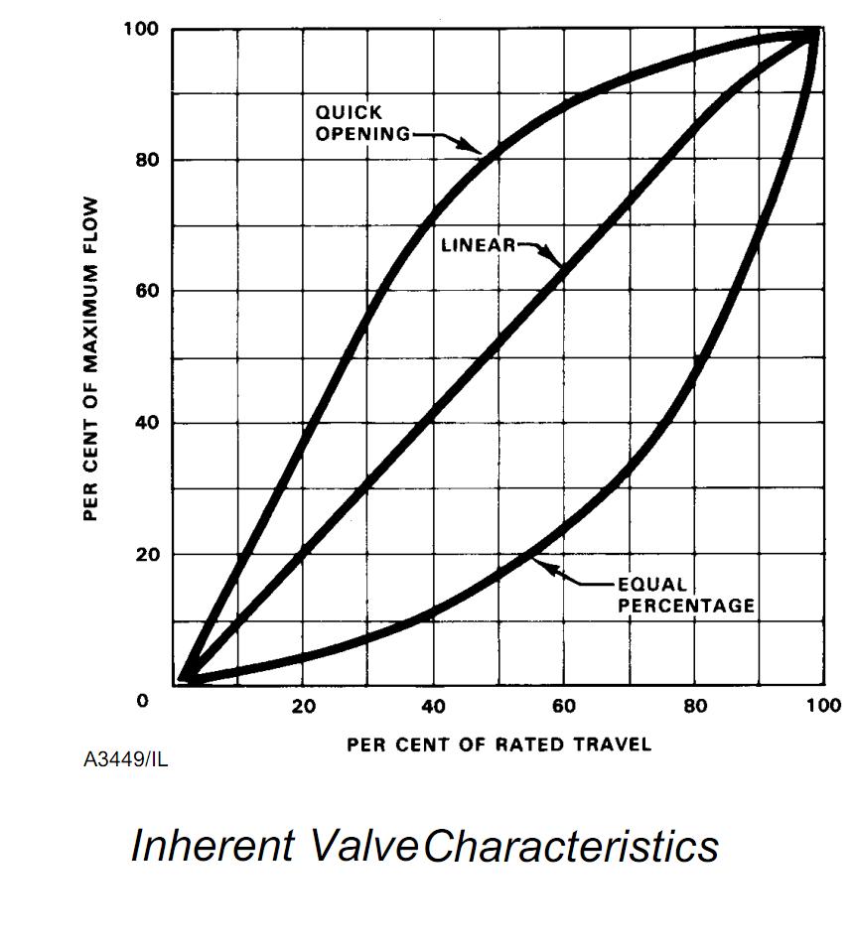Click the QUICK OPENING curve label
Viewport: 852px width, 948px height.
pyautogui.click(x=362, y=123)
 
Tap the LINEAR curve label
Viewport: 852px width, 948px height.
pyautogui.click(x=478, y=244)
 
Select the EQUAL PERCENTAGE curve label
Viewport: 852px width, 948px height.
pyautogui.click(x=686, y=595)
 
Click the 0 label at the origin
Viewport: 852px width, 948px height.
pyautogui.click(x=142, y=701)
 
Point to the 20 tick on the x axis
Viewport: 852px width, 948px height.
pyautogui.click(x=303, y=706)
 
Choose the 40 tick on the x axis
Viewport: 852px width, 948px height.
pyautogui.click(x=434, y=706)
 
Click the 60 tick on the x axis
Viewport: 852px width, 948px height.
pyautogui.click(x=564, y=706)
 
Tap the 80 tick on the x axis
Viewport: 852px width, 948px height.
pyautogui.click(x=695, y=706)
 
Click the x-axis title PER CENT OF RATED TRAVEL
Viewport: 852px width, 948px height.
pyautogui.click(x=498, y=745)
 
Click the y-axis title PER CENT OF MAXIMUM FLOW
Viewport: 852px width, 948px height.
pyautogui.click(x=90, y=357)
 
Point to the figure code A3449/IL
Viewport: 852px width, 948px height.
pyautogui.click(x=125, y=760)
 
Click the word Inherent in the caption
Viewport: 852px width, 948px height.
pyautogui.click(x=213, y=846)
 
